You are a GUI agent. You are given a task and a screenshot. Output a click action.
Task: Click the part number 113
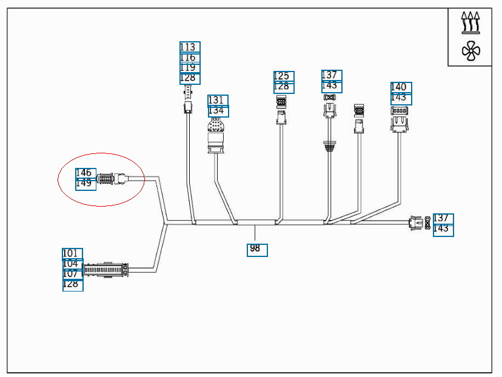coord(189,47)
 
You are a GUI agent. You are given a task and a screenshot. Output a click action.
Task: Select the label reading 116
coord(189,58)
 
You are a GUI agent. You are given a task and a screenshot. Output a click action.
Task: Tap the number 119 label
coord(189,68)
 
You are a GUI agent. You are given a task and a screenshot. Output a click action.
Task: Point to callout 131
coord(218,100)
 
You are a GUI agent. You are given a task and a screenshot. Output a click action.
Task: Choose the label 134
coord(218,111)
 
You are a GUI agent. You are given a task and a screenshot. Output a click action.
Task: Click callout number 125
coord(283,76)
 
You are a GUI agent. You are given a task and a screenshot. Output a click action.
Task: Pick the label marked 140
coord(400,87)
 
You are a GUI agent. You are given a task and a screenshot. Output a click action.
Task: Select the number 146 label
coord(85,173)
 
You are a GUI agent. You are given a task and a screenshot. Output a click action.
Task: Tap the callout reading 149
coord(85,184)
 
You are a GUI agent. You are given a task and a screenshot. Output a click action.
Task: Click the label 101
coord(72,253)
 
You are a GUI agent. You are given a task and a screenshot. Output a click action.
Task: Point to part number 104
coord(72,264)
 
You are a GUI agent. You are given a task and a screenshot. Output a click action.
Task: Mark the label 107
coord(72,274)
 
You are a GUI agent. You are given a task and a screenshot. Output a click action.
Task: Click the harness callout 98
coord(256,249)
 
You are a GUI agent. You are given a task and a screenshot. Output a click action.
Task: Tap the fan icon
coord(470,51)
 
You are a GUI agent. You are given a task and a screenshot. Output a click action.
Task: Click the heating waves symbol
coord(470,22)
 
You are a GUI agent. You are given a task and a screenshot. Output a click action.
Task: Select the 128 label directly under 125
coord(283,87)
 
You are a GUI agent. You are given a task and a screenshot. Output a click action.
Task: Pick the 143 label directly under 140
coord(400,98)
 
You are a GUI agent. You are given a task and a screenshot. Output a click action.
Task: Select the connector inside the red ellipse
coord(111,179)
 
